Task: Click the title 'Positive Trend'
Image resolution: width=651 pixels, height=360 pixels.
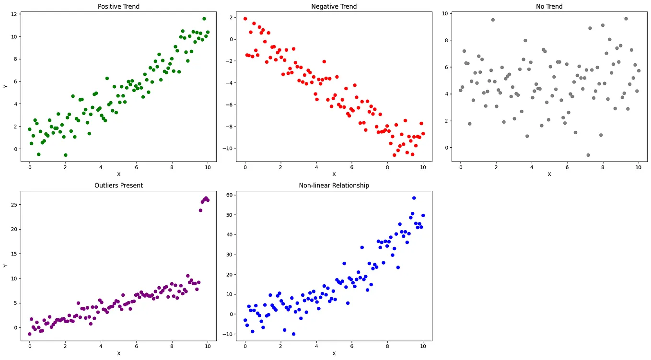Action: coord(118,6)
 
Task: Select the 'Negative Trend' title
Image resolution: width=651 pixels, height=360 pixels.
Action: coord(334,6)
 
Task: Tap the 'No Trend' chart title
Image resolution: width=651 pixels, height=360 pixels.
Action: coord(549,6)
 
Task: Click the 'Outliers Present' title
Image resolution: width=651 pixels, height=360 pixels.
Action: coord(118,185)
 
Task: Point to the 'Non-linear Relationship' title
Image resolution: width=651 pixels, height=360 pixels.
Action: coord(334,185)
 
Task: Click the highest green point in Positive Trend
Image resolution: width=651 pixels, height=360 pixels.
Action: coord(204,19)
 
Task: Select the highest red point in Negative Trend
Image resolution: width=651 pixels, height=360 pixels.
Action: coord(245,19)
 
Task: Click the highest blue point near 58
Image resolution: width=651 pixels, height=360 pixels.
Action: coord(414,198)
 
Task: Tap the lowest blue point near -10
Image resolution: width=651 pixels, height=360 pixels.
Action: coord(293,334)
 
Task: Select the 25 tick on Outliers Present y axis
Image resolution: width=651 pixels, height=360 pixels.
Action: coord(14,205)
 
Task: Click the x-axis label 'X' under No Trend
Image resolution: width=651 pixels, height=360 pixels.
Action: coord(549,174)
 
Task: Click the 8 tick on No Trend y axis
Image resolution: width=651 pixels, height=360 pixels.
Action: coord(445,40)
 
